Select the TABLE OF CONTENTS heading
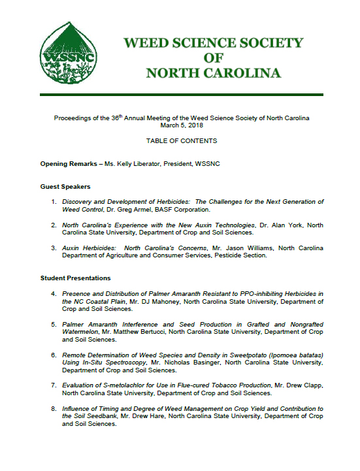(182, 141)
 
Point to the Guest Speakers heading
(65, 187)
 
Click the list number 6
(54, 355)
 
